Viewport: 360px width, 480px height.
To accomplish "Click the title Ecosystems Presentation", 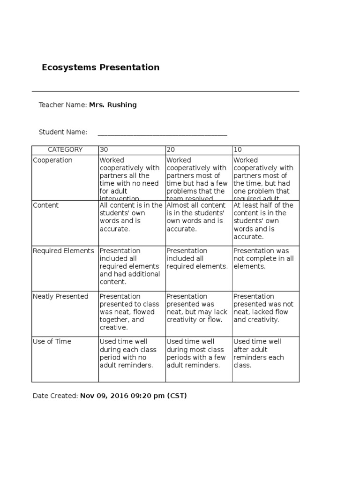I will [101, 67].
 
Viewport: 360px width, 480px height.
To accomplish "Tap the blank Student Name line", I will [162, 133].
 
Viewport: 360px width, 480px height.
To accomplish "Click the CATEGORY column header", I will [65, 150].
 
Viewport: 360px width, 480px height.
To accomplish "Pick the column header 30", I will [104, 150].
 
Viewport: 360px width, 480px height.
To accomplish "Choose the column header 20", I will [171, 150].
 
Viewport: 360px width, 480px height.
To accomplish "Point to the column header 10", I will [238, 150].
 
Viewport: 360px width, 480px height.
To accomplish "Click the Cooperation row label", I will [52, 160].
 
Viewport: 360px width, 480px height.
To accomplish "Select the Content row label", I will [46, 205].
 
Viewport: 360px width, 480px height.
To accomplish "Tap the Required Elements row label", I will [63, 251].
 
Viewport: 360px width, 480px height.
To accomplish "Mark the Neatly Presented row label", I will [60, 296].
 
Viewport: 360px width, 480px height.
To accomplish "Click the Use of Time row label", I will [52, 342].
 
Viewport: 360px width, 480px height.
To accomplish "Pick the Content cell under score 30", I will [131, 217].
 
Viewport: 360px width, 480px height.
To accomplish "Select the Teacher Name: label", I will [63, 105].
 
